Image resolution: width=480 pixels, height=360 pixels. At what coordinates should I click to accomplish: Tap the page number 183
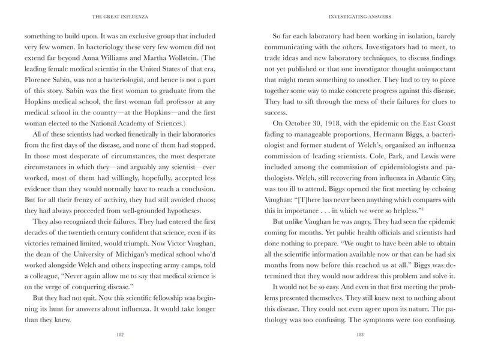click(x=360, y=336)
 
